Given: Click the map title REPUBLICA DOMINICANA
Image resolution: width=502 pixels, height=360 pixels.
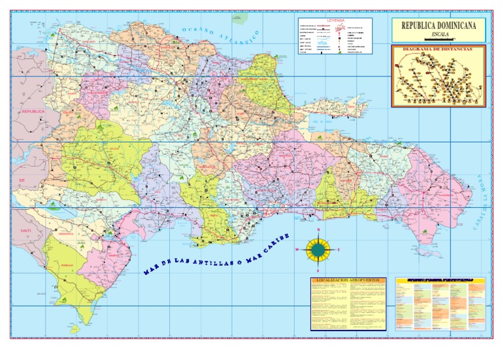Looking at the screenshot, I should click(x=438, y=25).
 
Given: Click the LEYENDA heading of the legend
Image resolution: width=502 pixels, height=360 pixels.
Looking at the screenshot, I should click(x=335, y=20).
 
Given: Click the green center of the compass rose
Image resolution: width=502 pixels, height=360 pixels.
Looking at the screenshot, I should click(x=318, y=249).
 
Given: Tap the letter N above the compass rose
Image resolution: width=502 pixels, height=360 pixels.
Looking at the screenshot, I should click(x=318, y=231).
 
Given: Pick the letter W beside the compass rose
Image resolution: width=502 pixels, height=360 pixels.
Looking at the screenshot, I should click(x=297, y=250).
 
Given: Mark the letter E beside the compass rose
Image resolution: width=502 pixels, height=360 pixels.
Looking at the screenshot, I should click(x=339, y=250).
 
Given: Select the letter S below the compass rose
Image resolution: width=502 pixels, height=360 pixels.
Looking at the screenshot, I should click(x=318, y=269).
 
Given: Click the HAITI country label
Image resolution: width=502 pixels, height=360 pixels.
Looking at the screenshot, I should click(x=26, y=231).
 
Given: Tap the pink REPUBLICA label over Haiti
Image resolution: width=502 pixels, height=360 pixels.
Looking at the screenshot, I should click(x=32, y=112).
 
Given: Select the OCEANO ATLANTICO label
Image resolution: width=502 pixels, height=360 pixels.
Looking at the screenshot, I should click(x=222, y=36).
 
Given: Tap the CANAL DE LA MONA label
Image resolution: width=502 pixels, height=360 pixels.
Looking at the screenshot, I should click(x=482, y=203).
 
